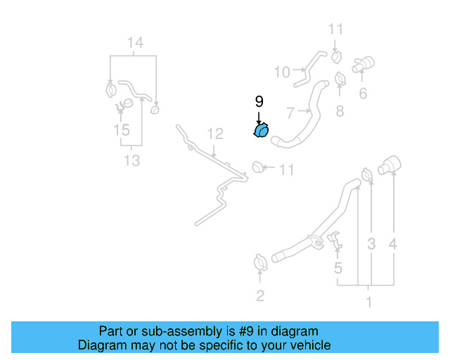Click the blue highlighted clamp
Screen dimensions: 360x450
pyautogui.click(x=261, y=131)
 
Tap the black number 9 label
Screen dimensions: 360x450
pyautogui.click(x=259, y=103)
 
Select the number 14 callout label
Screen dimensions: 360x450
pyautogui.click(x=134, y=44)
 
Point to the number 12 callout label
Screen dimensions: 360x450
pyautogui.click(x=214, y=133)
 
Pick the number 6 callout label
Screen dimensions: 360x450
pyautogui.click(x=363, y=94)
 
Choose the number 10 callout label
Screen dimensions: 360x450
pyautogui.click(x=281, y=72)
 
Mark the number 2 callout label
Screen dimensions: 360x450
pyautogui.click(x=340, y=110)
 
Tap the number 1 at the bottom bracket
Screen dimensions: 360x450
pyautogui.click(x=367, y=304)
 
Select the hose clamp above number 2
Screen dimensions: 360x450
pyautogui.click(x=260, y=263)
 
